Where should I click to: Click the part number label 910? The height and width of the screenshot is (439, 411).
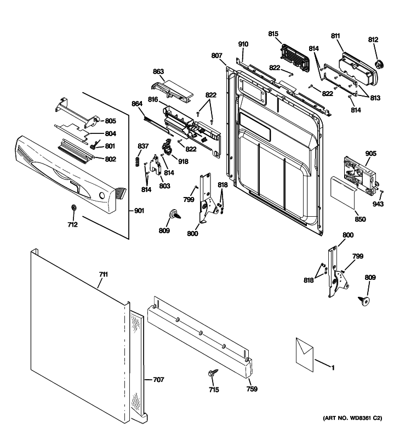[243, 44]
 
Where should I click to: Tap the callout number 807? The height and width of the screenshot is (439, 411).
[216, 55]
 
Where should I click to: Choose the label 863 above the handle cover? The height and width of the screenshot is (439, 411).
[158, 72]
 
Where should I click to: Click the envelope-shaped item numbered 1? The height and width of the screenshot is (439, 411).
[302, 353]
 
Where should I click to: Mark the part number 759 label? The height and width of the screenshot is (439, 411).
[252, 389]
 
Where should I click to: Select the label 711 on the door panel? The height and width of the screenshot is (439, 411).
[103, 274]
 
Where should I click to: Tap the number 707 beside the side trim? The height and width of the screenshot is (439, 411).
[158, 379]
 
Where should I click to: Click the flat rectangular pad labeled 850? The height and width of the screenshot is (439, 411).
[343, 188]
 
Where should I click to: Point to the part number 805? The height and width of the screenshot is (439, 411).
[110, 121]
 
